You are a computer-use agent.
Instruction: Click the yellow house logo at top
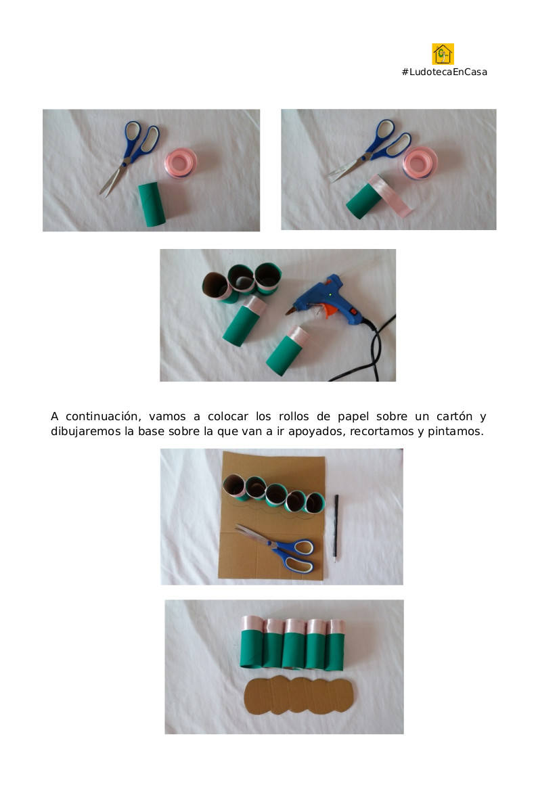(x=443, y=54)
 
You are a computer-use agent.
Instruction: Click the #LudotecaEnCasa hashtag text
(x=445, y=72)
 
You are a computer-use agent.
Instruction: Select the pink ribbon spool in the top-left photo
(x=180, y=162)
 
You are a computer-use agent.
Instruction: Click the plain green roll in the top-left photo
(x=152, y=204)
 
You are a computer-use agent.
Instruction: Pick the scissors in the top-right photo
(x=370, y=150)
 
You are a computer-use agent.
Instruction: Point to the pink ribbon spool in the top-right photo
(x=420, y=163)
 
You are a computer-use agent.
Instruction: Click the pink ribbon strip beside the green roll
(x=391, y=196)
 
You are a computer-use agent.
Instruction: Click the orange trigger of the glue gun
(x=330, y=310)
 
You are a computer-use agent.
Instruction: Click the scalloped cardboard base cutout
(x=298, y=695)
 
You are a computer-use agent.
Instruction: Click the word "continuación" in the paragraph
(x=102, y=416)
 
